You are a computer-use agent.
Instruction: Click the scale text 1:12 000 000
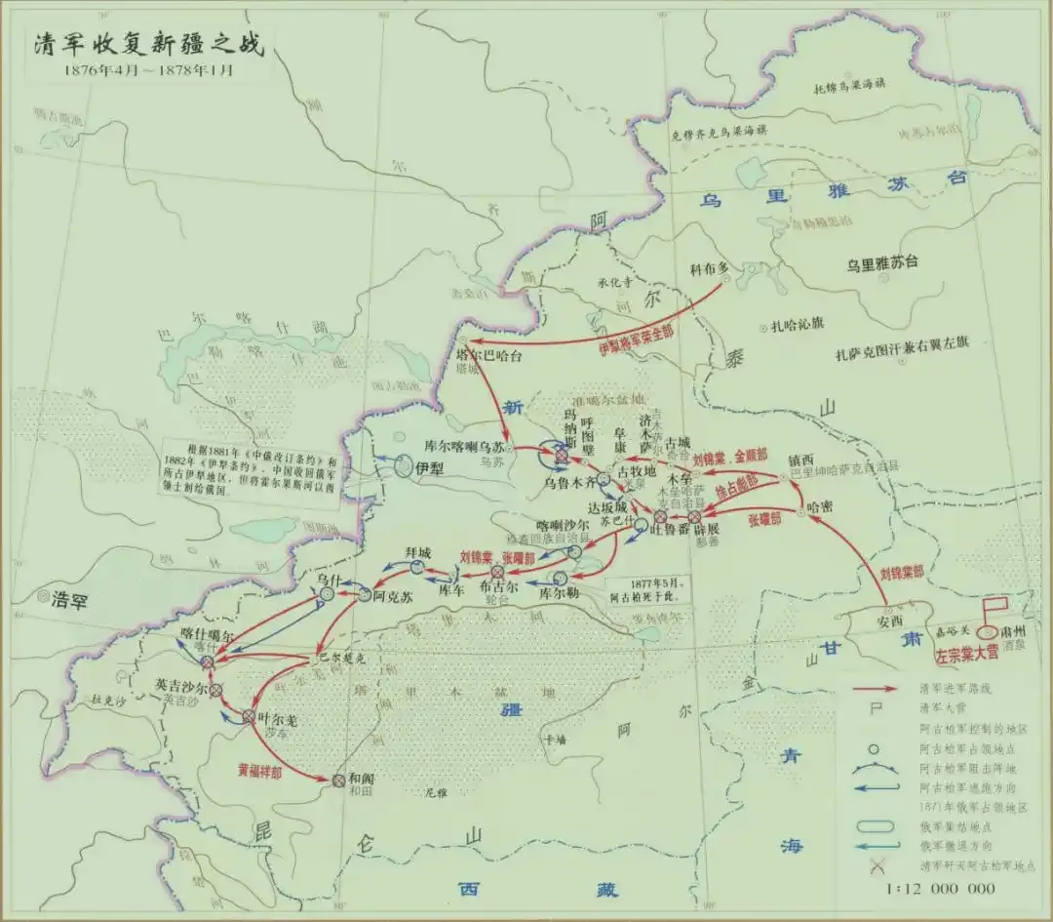(940, 888)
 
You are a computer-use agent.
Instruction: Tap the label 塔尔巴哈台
(489, 355)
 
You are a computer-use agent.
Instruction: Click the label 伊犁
(430, 468)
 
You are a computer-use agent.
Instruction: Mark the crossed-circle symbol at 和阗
(339, 780)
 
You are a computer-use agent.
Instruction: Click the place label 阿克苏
(392, 594)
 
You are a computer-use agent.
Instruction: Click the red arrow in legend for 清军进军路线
(876, 689)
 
